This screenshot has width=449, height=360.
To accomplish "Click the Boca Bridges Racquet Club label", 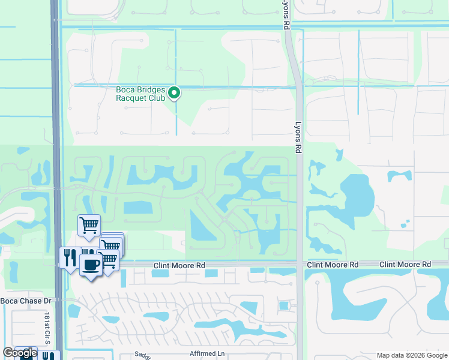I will pos(140,94).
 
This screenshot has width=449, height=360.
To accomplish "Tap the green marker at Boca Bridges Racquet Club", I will pos(174,92).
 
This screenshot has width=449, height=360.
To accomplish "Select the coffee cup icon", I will pos(90,265).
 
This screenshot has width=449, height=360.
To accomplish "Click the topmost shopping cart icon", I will pos(89,226).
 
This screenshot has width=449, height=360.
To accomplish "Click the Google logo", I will pos(20,353).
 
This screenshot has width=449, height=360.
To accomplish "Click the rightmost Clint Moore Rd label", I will pos(406,265).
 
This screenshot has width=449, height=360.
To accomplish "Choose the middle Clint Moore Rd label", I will pos(333,265).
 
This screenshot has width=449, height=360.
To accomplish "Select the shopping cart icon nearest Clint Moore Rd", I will pos(109,259).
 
